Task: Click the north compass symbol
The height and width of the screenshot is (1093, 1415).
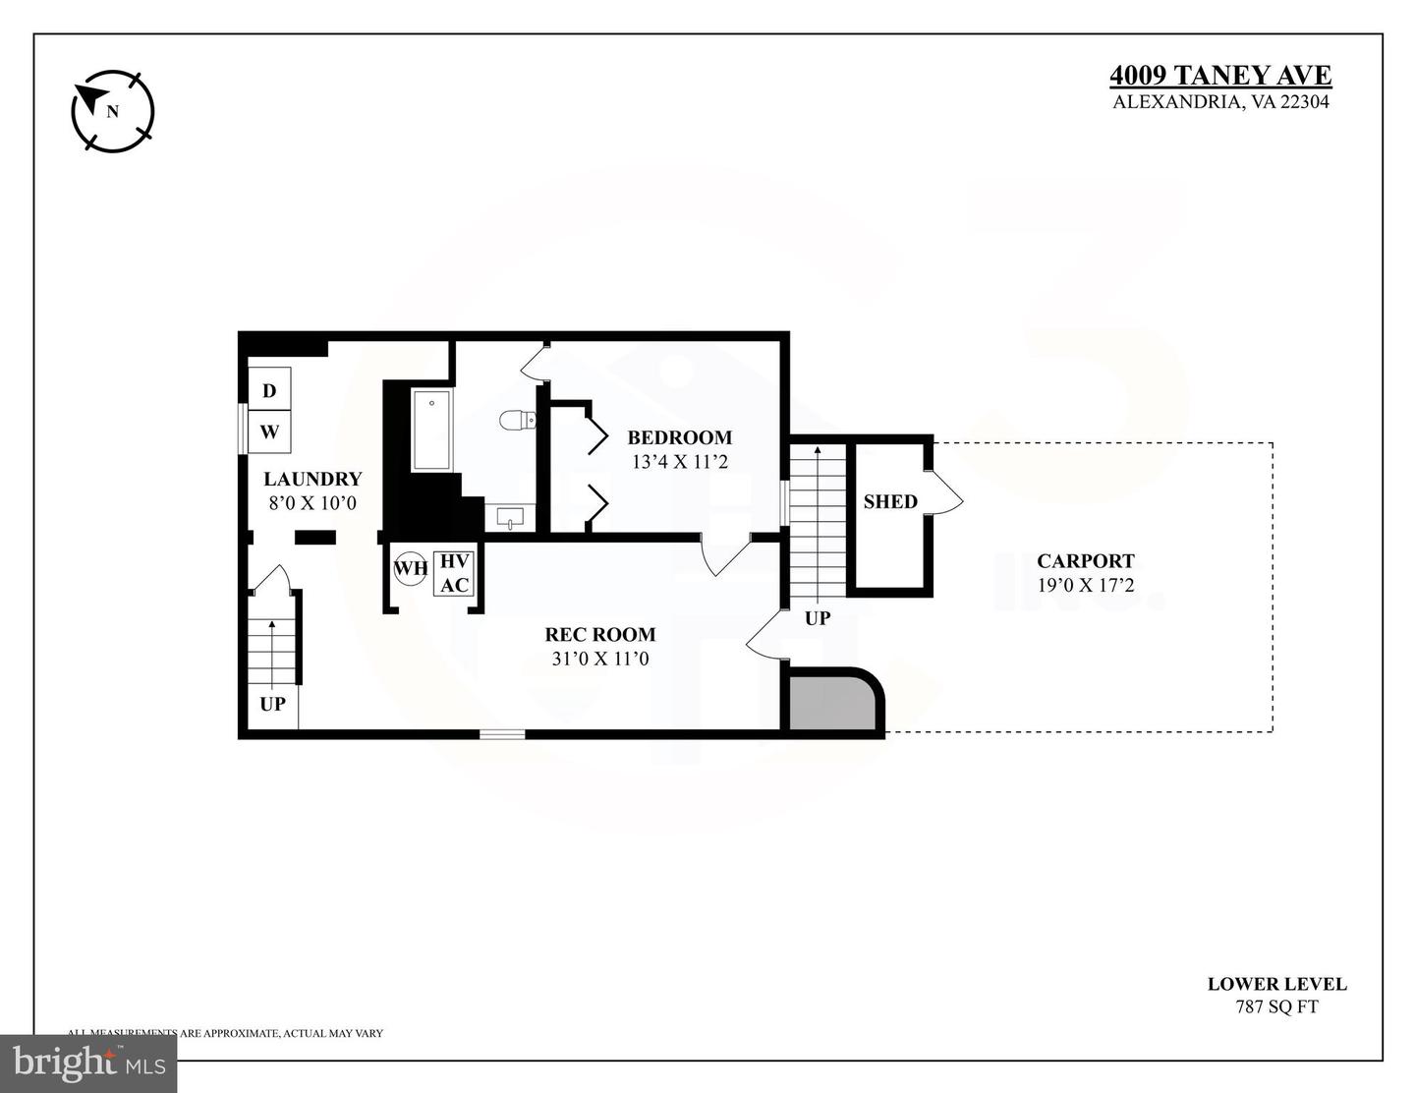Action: tap(113, 111)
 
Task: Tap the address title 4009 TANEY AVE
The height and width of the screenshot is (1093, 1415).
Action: tap(1220, 76)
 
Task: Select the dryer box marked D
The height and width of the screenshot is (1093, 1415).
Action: tap(269, 390)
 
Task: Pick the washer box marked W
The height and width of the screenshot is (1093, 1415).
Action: tap(269, 431)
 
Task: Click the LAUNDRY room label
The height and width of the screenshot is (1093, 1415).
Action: tap(312, 479)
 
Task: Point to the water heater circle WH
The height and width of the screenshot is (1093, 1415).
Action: tap(411, 568)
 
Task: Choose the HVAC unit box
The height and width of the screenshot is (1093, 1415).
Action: tap(454, 573)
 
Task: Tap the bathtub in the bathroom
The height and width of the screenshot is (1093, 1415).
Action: tap(431, 431)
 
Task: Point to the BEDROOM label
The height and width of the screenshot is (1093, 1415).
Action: tap(680, 437)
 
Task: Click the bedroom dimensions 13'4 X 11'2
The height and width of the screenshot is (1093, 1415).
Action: tap(680, 461)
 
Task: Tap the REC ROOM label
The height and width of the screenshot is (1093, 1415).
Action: tap(600, 634)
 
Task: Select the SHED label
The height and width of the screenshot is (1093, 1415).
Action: tap(890, 501)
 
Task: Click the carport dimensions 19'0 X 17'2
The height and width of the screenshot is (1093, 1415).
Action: tap(1086, 585)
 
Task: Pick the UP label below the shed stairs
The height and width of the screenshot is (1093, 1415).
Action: tap(818, 618)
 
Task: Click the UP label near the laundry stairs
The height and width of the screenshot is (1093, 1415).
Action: tap(272, 704)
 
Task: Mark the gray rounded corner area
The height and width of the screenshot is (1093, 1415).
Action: tap(831, 702)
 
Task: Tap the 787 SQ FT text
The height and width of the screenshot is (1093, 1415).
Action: tap(1276, 1007)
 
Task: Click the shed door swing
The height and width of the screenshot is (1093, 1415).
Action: tap(945, 491)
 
